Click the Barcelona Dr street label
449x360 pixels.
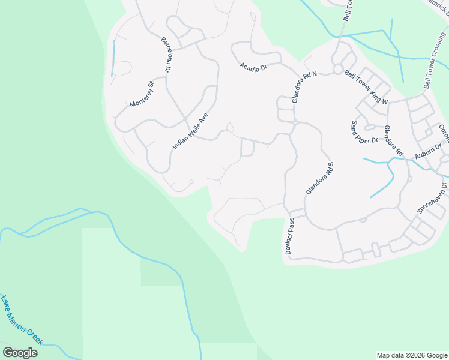166,55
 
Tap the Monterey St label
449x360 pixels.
142,95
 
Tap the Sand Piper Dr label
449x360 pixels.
364,132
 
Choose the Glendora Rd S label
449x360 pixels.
319,178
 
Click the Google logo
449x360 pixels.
20,352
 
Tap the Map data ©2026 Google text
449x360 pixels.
412,355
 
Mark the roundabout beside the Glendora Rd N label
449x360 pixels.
338,71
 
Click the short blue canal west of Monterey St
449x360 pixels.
113,58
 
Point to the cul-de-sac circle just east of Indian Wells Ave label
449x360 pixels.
229,127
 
